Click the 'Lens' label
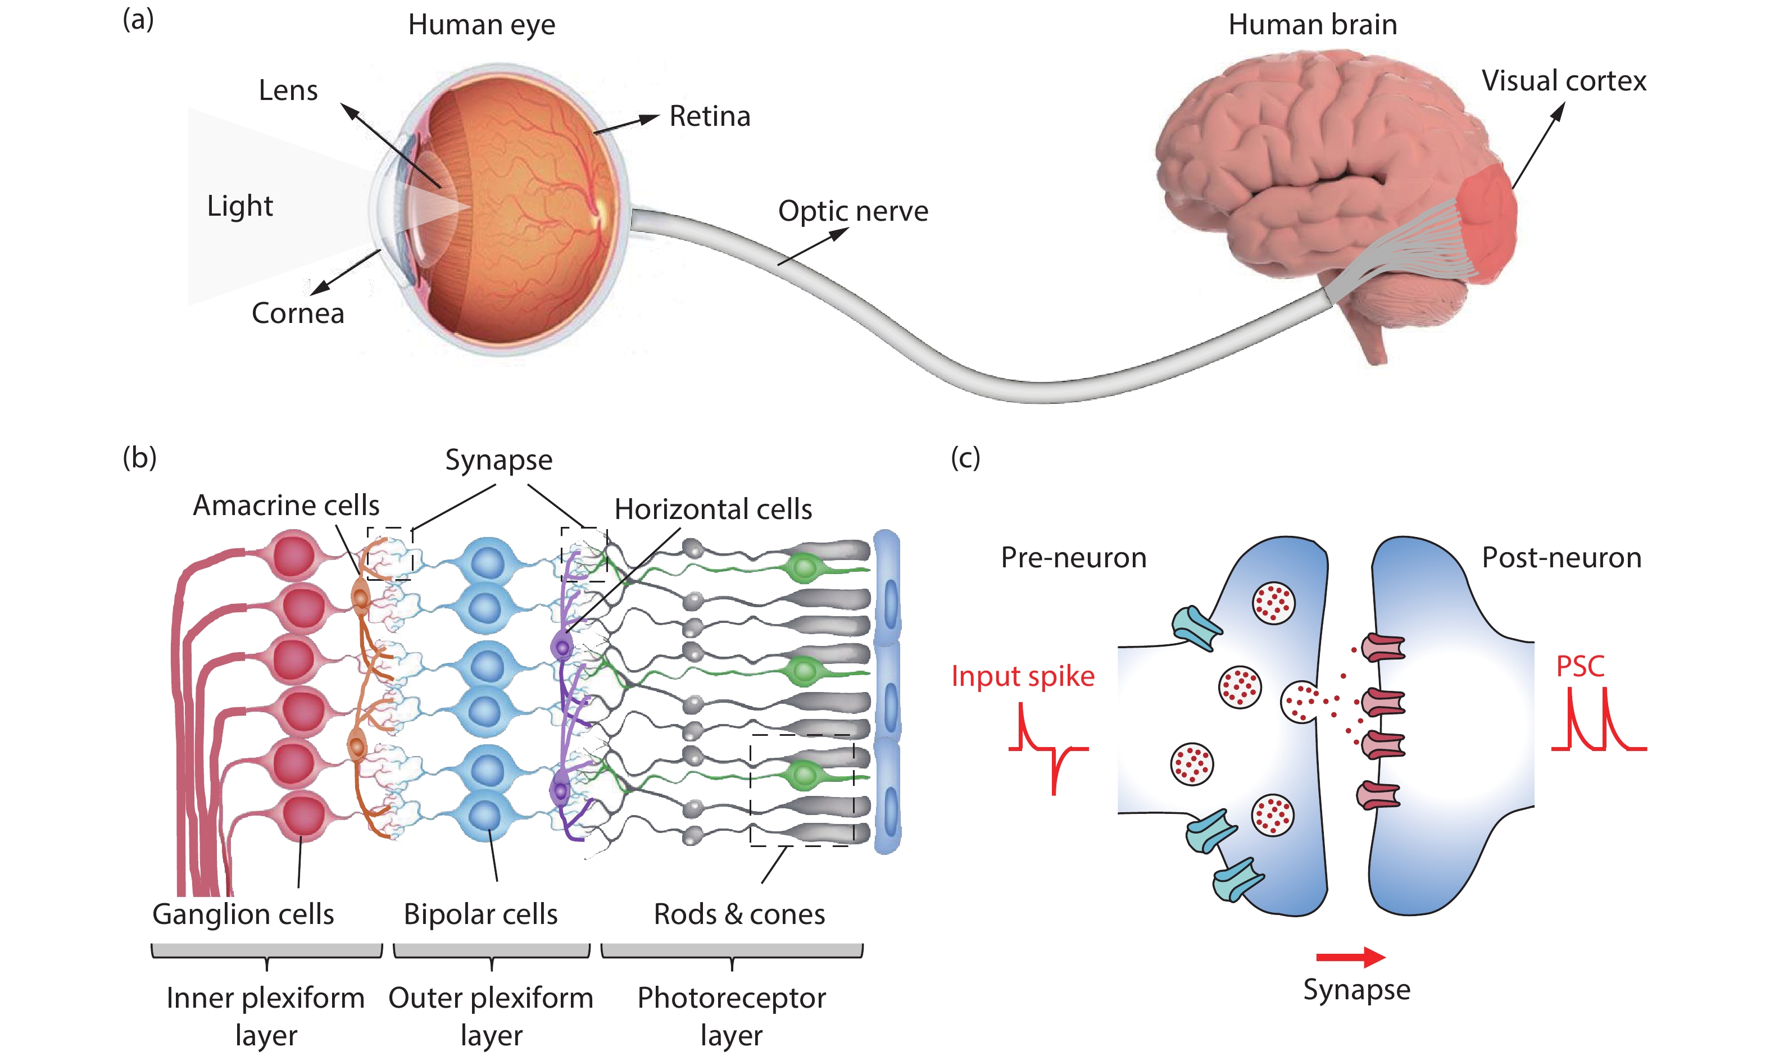point(288,90)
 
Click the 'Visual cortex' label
point(1564,81)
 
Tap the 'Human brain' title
point(1313,25)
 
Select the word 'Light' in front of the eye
point(240,206)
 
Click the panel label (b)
point(139,458)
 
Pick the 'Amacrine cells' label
point(286,505)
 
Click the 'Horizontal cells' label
point(713,509)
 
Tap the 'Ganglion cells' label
point(243,914)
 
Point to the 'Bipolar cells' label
point(480,914)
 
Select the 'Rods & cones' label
point(739,914)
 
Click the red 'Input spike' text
point(1023,676)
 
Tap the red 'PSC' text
point(1580,667)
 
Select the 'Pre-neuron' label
point(1073,558)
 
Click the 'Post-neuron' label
point(1562,558)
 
